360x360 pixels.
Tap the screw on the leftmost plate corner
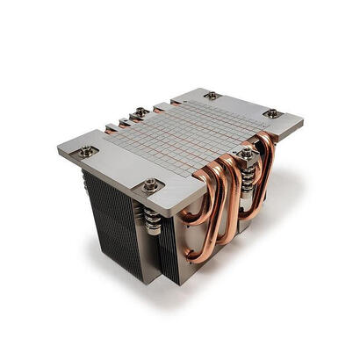point(85,151)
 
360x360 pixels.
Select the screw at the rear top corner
point(212,95)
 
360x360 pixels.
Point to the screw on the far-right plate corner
point(271,112)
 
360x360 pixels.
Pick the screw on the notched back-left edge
point(140,112)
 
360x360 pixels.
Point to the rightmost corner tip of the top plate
point(303,120)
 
